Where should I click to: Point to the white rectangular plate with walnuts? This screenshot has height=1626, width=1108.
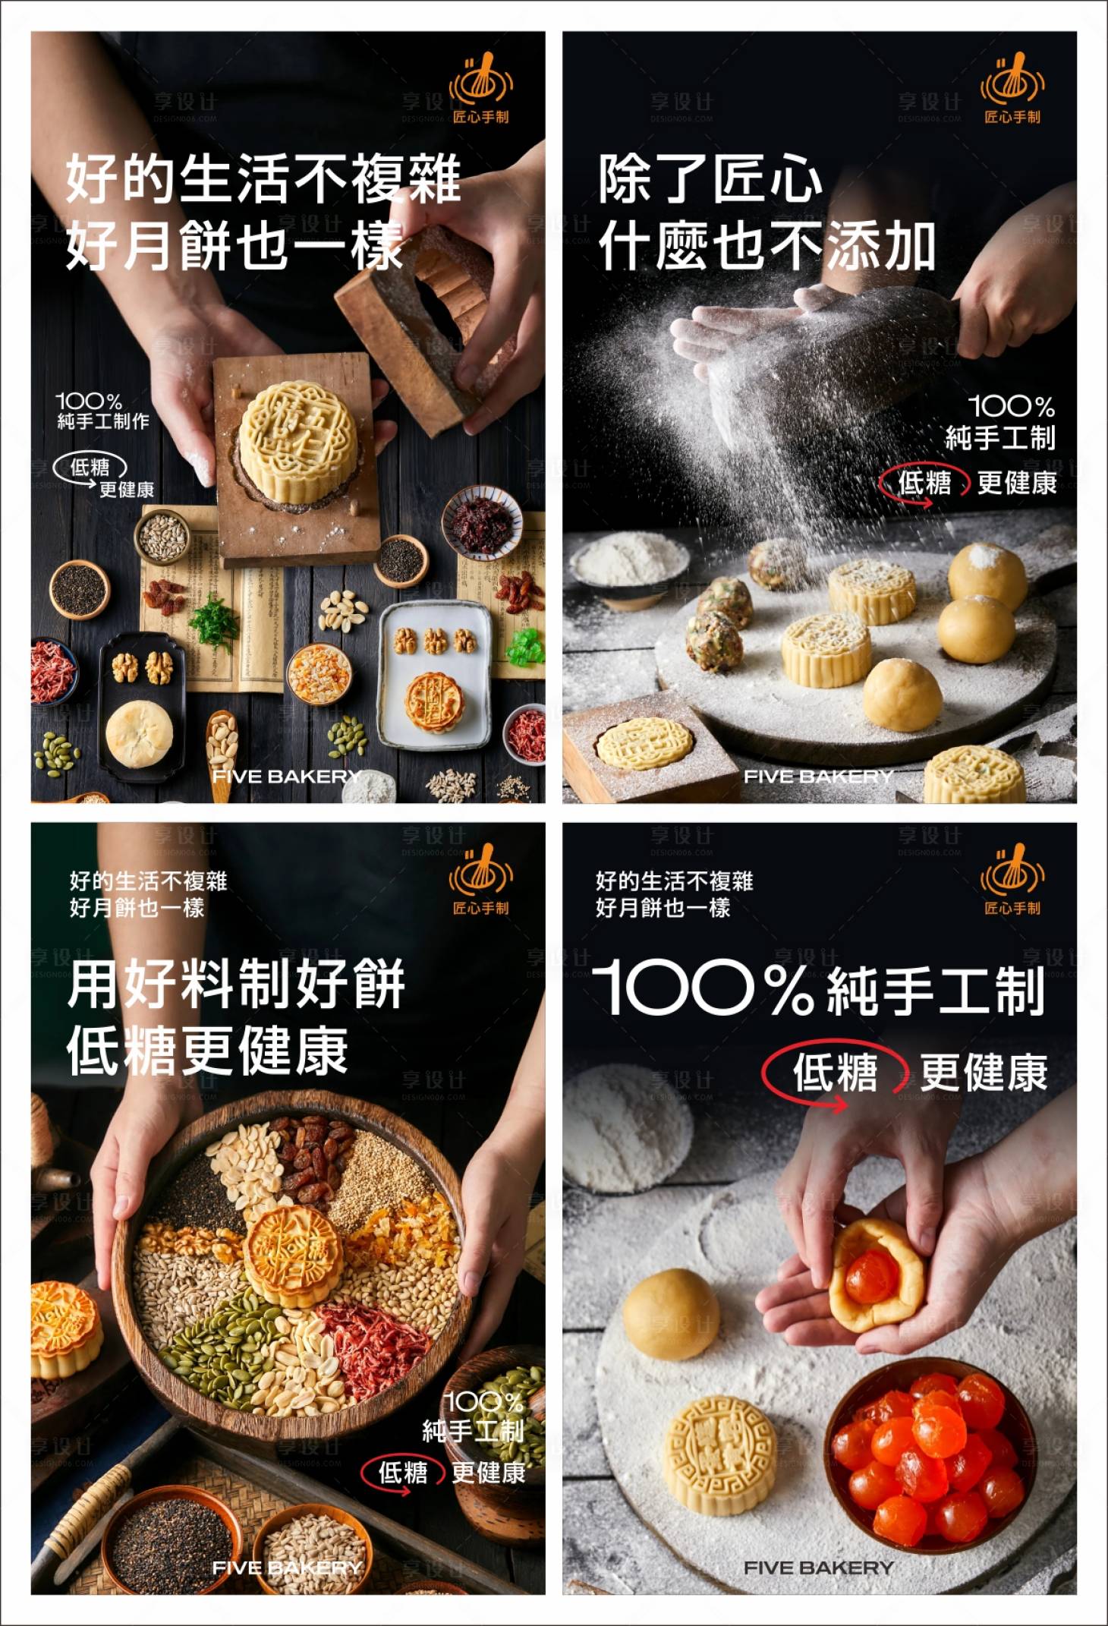pos(434,672)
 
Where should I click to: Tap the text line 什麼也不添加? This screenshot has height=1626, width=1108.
pos(766,246)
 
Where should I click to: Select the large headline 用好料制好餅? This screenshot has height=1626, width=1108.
pos(236,985)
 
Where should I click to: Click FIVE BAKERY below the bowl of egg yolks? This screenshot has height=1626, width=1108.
pos(818,1567)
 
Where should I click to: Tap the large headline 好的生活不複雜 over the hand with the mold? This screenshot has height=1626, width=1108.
pos(263,179)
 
